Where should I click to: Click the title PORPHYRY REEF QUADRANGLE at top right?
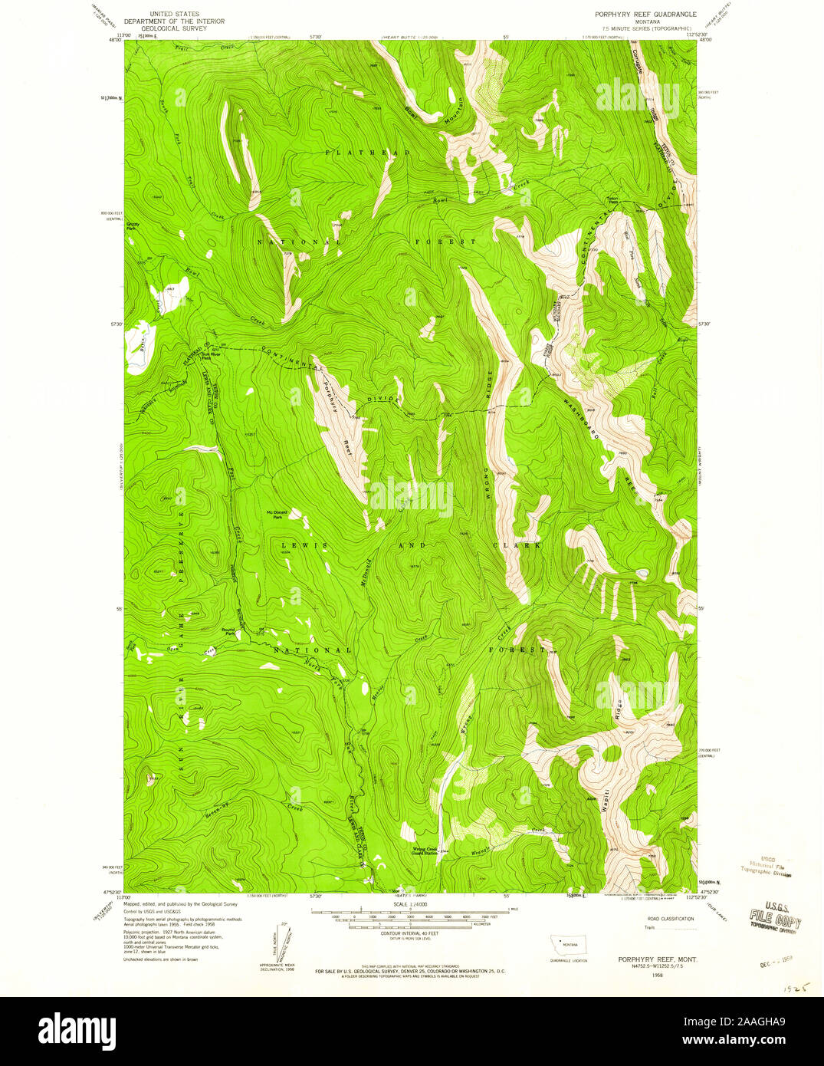coord(645,14)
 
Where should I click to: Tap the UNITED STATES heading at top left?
coord(174,14)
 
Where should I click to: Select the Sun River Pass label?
coord(206,355)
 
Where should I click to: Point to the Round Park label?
coord(228,630)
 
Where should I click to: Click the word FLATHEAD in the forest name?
coord(367,153)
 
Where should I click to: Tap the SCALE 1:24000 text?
coord(409,905)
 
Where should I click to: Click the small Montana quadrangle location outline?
coord(568,944)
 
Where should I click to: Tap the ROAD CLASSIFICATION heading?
coord(671,919)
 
